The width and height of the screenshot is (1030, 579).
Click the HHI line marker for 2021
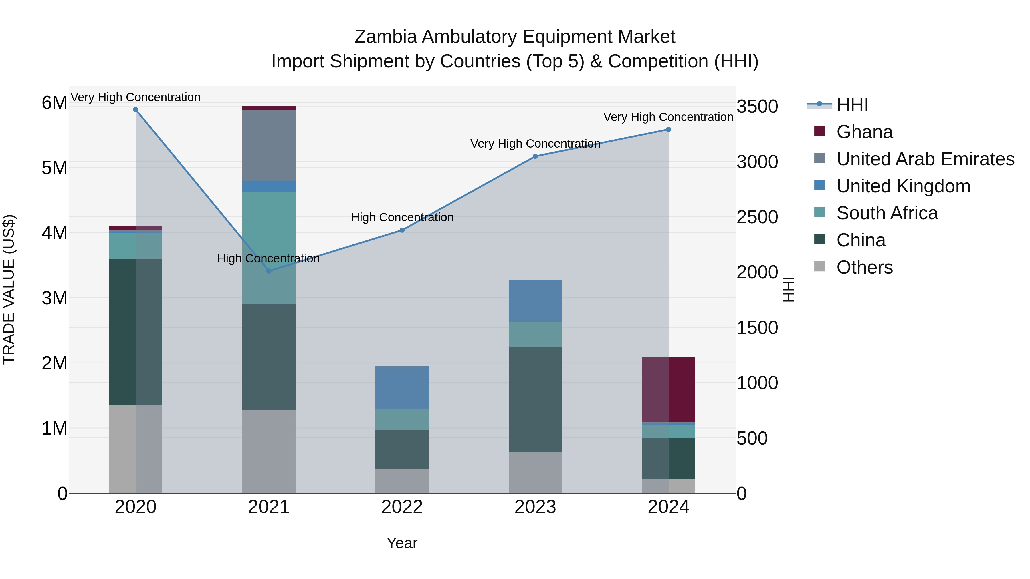click(269, 271)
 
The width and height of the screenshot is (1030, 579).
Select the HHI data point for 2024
click(668, 130)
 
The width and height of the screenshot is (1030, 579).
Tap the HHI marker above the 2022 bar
click(402, 230)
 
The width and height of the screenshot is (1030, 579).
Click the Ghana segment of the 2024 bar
click(668, 389)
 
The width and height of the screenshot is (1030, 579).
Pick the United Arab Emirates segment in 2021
click(269, 146)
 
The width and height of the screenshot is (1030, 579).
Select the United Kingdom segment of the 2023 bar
click(535, 301)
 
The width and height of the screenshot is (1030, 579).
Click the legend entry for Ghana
click(864, 132)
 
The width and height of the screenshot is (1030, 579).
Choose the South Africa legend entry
click(886, 213)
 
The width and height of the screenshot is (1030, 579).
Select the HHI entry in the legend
click(852, 105)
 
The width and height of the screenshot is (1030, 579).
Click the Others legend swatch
click(819, 266)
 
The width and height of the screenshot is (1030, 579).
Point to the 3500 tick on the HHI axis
click(757, 107)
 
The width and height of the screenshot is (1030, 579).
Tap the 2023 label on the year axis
click(535, 507)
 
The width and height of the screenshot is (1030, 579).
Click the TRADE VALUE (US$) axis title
click(9, 289)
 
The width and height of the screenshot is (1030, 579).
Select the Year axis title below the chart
click(402, 543)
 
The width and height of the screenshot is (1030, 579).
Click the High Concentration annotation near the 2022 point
click(402, 217)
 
